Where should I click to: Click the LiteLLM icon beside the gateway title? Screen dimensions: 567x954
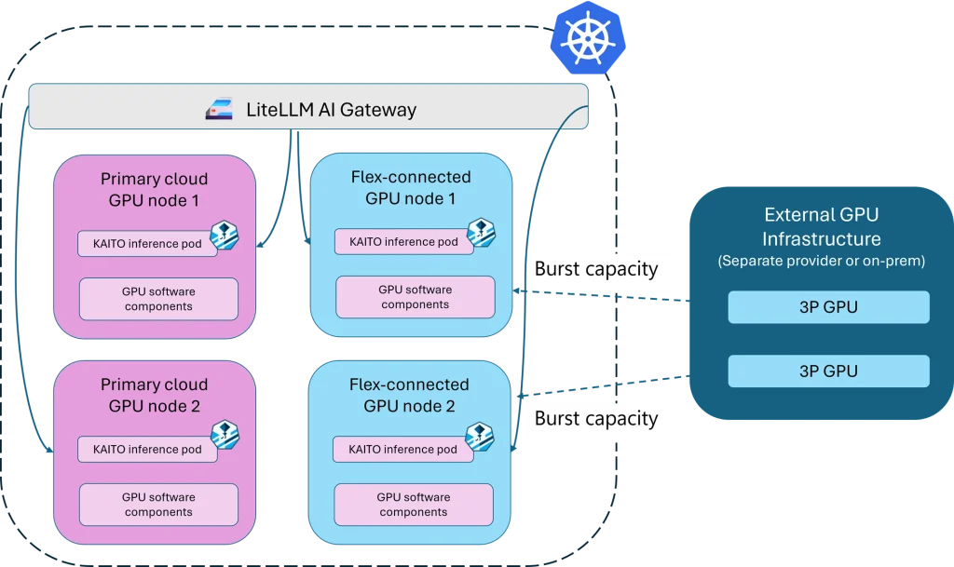219,110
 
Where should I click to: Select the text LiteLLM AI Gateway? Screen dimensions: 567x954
331,110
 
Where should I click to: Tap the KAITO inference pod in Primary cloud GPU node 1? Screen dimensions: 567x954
147,243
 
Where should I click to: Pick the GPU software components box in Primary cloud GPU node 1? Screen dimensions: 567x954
158,299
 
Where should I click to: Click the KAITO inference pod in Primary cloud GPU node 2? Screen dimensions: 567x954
147,450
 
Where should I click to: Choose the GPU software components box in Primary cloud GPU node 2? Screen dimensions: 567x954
158,505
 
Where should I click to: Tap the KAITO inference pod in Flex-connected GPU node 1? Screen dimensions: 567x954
403,242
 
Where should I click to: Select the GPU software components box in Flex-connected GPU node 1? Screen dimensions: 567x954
416,297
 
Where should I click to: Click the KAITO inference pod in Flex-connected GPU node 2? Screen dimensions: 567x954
402,450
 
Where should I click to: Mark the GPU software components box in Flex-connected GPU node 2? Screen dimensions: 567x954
415,505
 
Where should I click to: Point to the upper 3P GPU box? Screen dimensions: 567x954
828,307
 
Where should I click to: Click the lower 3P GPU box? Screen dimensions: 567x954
828,371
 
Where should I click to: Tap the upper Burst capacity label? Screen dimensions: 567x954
596,270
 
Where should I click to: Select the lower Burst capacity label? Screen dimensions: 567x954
596,418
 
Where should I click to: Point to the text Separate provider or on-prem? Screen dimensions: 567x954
821,262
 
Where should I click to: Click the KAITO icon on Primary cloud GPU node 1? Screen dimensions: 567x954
225,235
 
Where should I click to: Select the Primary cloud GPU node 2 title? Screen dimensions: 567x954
154,395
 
